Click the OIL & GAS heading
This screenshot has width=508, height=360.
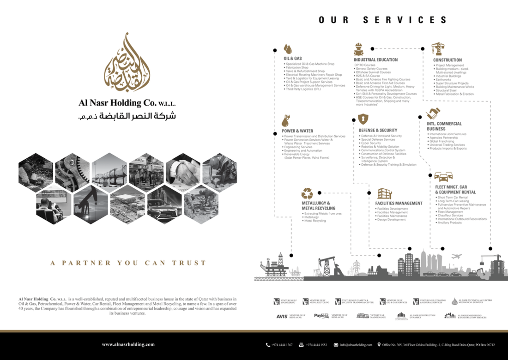click(293, 59)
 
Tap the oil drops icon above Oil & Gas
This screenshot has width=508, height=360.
click(288, 48)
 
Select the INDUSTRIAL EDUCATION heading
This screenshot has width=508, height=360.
click(375, 60)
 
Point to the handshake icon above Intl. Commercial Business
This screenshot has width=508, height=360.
click(433, 114)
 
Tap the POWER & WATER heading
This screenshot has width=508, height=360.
click(297, 131)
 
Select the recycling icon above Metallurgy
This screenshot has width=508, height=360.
click(307, 193)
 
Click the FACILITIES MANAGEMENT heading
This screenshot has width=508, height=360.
click(399, 203)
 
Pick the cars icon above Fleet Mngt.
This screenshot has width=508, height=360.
click(443, 176)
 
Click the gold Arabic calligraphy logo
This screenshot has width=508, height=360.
click(127, 62)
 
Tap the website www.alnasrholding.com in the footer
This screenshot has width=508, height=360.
click(128, 344)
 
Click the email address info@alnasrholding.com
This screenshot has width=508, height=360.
click(356, 345)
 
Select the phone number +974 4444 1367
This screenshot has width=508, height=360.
click(282, 345)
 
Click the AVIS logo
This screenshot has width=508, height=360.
click(282, 316)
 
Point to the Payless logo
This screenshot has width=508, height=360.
click(321, 316)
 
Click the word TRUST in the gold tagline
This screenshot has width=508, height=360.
click(189, 263)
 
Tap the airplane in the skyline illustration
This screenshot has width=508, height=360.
click(456, 256)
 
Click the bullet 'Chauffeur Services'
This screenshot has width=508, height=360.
click(450, 216)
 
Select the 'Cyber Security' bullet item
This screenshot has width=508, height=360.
click(371, 143)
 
